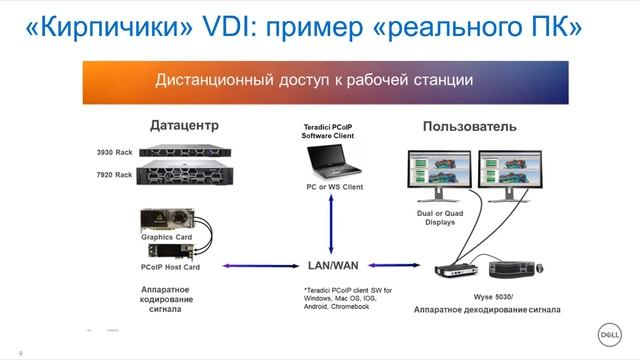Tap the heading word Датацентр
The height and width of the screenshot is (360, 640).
pos(184,126)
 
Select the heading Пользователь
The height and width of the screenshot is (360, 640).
pos(469,127)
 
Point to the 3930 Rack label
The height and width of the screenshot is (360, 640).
pos(114,152)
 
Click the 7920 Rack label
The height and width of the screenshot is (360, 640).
pos(114,175)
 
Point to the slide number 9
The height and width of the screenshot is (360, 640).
pos(19,351)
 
